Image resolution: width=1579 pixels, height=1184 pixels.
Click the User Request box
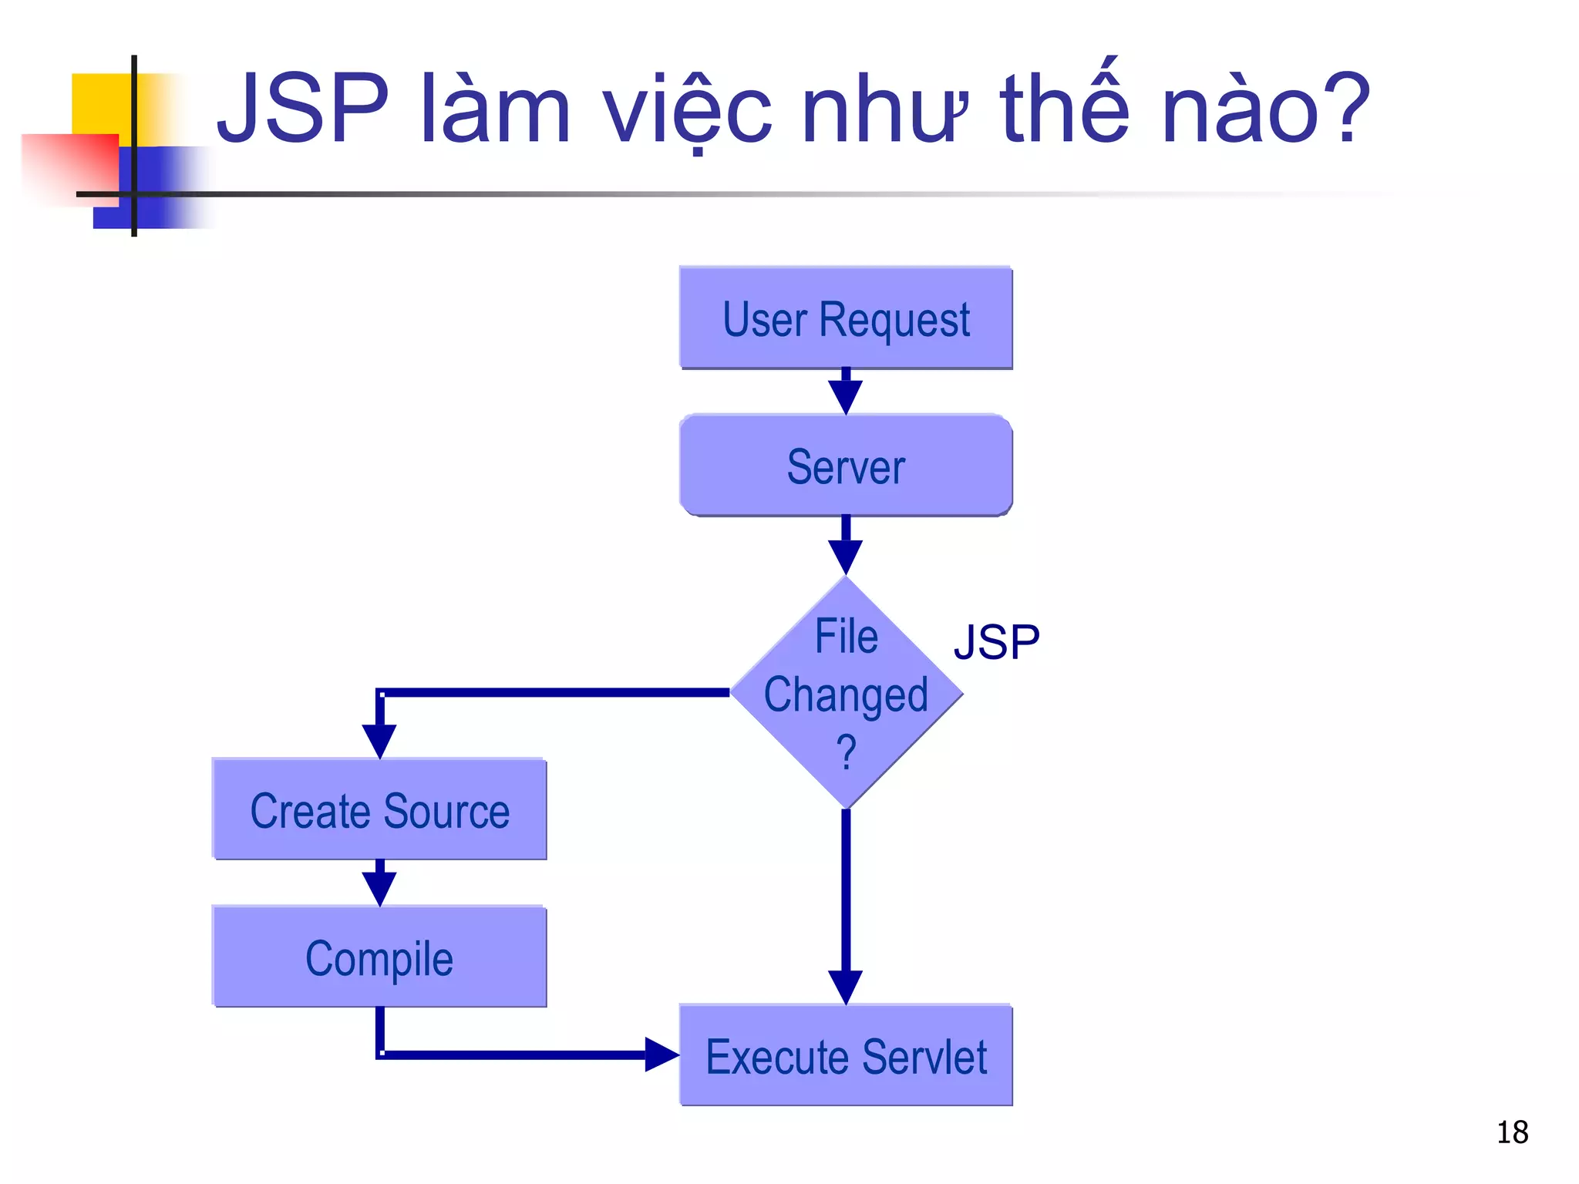pos(846,318)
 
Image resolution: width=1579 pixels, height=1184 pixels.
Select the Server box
pos(846,466)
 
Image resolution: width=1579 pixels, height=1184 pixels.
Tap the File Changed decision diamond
pos(846,692)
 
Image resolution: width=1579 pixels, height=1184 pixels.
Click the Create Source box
pos(379,809)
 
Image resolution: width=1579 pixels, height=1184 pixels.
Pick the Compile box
pos(379,957)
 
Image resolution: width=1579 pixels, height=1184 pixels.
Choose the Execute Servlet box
pos(846,1055)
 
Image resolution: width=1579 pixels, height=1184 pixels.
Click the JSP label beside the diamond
pos(996,642)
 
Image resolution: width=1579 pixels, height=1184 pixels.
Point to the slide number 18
pos(1512,1132)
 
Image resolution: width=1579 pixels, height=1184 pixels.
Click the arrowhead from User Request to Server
pos(846,397)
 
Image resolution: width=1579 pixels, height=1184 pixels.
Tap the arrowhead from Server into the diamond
pos(846,556)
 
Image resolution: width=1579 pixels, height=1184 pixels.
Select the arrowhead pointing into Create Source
pos(379,740)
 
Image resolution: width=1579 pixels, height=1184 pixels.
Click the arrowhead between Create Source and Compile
pos(379,888)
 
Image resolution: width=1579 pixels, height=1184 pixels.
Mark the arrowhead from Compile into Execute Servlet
pos(661,1054)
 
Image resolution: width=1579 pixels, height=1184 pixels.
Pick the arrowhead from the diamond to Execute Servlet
pos(846,987)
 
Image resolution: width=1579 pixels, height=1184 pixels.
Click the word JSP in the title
pos(303,109)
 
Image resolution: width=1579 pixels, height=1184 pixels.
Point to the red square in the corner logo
pos(69,166)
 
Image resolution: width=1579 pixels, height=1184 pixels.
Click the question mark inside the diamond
pos(846,752)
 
